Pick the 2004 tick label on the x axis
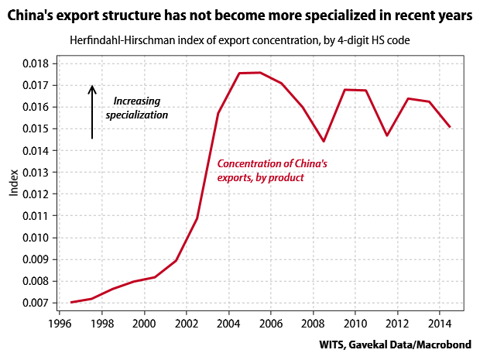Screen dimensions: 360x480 229,323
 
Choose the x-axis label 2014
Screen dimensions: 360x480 440,323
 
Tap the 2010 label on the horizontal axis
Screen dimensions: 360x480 355,323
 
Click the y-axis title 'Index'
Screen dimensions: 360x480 14,182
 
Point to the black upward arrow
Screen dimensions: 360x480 92,111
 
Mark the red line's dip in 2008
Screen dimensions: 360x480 324,141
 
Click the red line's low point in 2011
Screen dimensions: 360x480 387,135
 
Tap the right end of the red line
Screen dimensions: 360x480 450,127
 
